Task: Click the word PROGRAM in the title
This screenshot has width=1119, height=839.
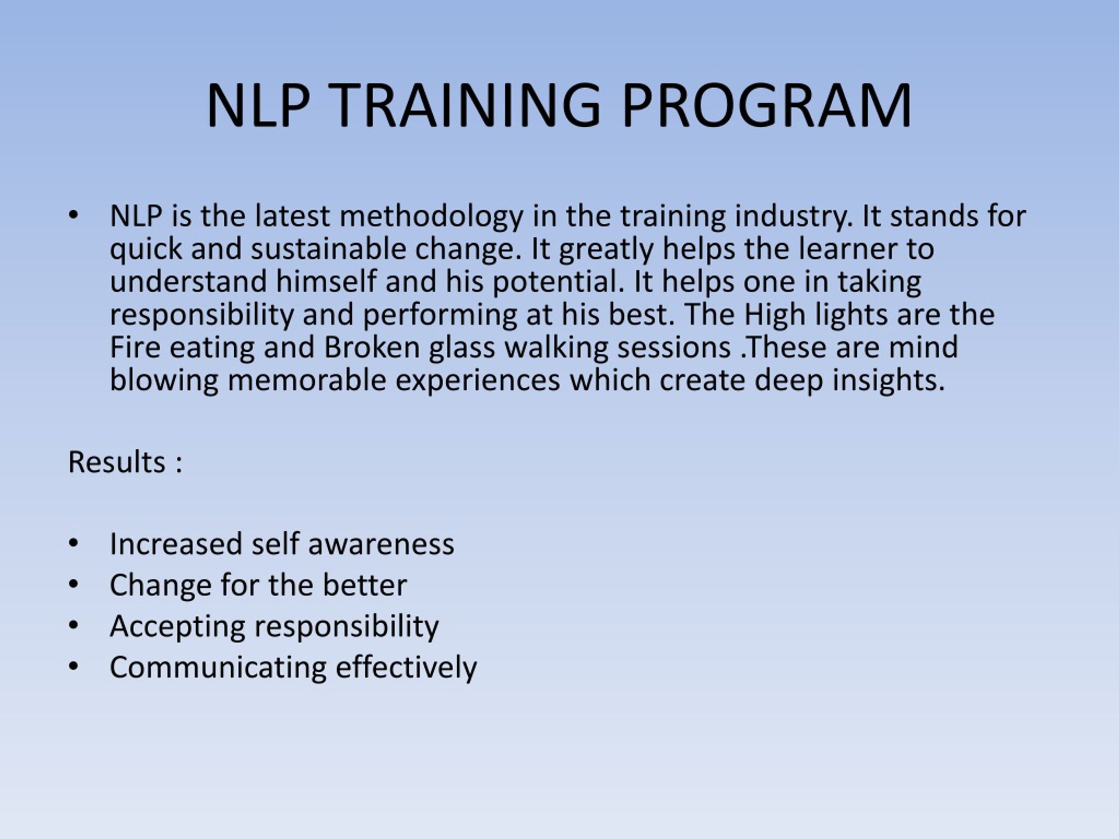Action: click(767, 106)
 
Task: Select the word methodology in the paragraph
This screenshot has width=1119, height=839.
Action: click(431, 217)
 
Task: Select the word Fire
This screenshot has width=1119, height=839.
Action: click(135, 348)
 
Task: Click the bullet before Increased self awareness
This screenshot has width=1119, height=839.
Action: click(73, 543)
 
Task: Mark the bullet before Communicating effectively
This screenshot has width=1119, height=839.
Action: click(73, 666)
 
